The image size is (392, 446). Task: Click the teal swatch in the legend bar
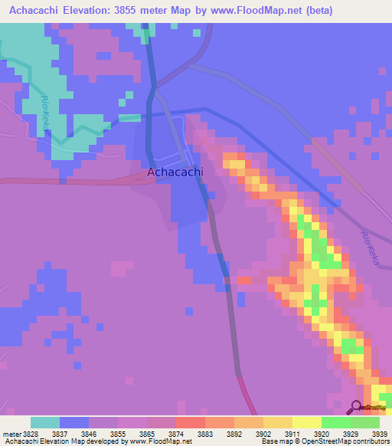[45, 422]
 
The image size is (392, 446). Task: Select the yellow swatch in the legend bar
[306, 422]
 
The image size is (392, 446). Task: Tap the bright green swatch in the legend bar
[335, 422]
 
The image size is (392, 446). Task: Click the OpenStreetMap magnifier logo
[356, 407]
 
